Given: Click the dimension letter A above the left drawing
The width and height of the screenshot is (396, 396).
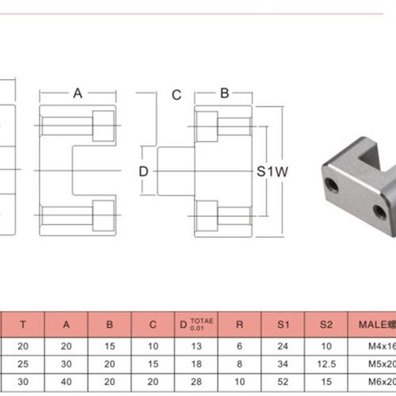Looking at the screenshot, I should [x=78, y=93].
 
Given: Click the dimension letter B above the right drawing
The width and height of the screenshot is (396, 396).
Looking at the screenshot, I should [x=224, y=93].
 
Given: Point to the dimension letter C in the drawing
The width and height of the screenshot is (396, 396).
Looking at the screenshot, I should [x=177, y=95].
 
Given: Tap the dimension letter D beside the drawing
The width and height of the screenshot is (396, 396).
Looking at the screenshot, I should [x=143, y=171].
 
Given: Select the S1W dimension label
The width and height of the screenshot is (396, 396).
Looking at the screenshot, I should [x=272, y=171].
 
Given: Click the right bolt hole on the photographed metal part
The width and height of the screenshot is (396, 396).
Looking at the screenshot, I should [x=379, y=211].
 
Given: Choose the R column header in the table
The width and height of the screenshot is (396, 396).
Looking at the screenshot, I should [x=240, y=323].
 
